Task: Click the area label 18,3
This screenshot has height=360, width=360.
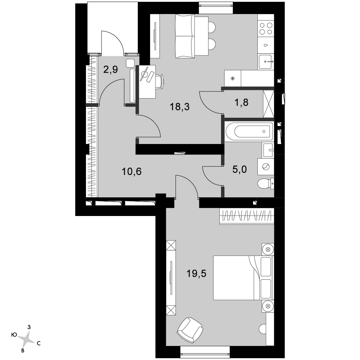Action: tap(180, 107)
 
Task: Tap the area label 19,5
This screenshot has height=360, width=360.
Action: tap(196, 274)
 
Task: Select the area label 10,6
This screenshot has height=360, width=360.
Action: tap(131, 171)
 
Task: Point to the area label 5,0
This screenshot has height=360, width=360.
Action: tap(239, 170)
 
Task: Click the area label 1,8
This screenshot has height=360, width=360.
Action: tap(241, 102)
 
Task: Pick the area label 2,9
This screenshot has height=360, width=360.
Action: tap(111, 69)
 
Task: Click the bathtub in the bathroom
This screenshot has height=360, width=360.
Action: tap(249, 131)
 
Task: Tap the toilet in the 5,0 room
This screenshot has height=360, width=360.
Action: tap(266, 184)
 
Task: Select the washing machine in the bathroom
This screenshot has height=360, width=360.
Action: tap(266, 166)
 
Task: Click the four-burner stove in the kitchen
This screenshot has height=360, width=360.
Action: tap(266, 28)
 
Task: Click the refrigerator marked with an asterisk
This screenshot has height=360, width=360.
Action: tap(233, 78)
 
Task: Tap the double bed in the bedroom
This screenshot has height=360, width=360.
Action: tap(243, 278)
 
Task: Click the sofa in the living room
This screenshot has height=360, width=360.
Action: tap(185, 36)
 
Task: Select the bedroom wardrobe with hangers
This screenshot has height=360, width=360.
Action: tap(247, 216)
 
